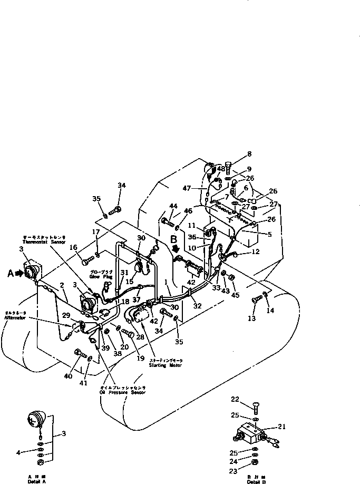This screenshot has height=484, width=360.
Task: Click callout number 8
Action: tap(249, 154)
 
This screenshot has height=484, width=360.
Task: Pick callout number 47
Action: tap(187, 188)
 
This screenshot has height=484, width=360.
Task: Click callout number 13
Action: tap(251, 319)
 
